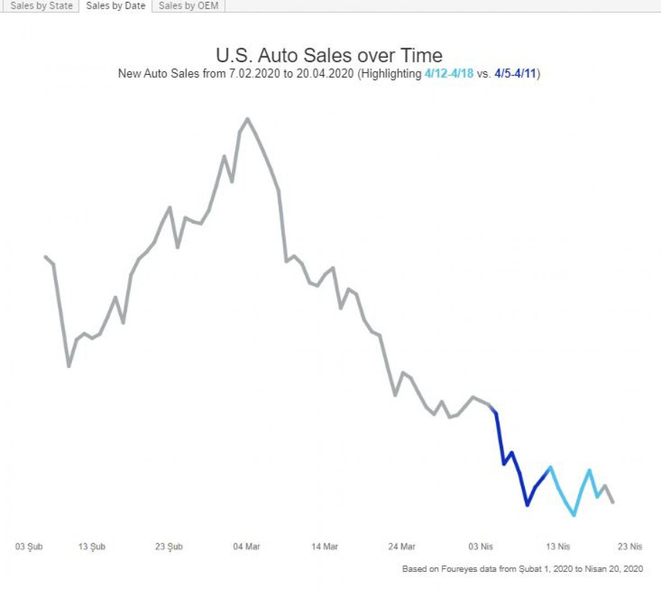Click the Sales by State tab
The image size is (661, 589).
41,6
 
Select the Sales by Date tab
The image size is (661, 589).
116,6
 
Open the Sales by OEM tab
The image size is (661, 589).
188,6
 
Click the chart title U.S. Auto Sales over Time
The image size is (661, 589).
329,55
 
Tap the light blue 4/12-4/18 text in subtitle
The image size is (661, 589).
449,74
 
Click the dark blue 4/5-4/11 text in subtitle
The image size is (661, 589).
515,74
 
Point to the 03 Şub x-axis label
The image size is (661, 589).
29,547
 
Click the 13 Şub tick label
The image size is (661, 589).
91,547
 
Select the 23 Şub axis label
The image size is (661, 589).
169,547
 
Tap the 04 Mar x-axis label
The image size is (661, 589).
246,547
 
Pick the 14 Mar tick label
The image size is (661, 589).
324,547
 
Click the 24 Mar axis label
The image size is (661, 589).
402,547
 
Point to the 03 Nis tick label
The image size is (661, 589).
480,547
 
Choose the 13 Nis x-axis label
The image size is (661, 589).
557,547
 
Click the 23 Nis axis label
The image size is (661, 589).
630,547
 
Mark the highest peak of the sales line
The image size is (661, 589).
247,118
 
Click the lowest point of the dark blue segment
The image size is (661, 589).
527,505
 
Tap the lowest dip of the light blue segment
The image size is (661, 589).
575,515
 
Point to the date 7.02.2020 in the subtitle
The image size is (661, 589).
254,74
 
